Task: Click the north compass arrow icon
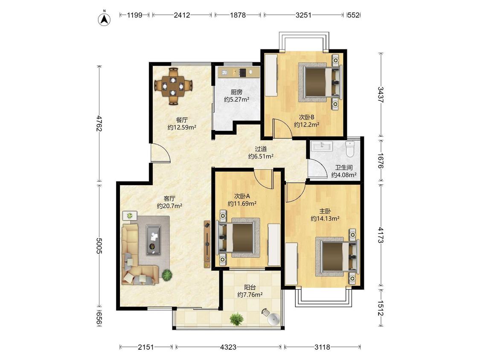click(104, 19)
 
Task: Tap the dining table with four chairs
click(174, 86)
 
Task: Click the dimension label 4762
click(99, 123)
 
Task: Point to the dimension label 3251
click(303, 15)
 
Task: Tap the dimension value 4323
click(228, 347)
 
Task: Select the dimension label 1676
click(380, 161)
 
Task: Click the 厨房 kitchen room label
click(236, 92)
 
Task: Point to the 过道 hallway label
click(261, 149)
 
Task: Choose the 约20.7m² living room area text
click(169, 206)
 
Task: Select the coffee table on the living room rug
click(153, 240)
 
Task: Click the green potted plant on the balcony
click(236, 319)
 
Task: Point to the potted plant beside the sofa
click(166, 275)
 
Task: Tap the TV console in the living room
click(207, 244)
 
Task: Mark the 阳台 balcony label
click(250, 287)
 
